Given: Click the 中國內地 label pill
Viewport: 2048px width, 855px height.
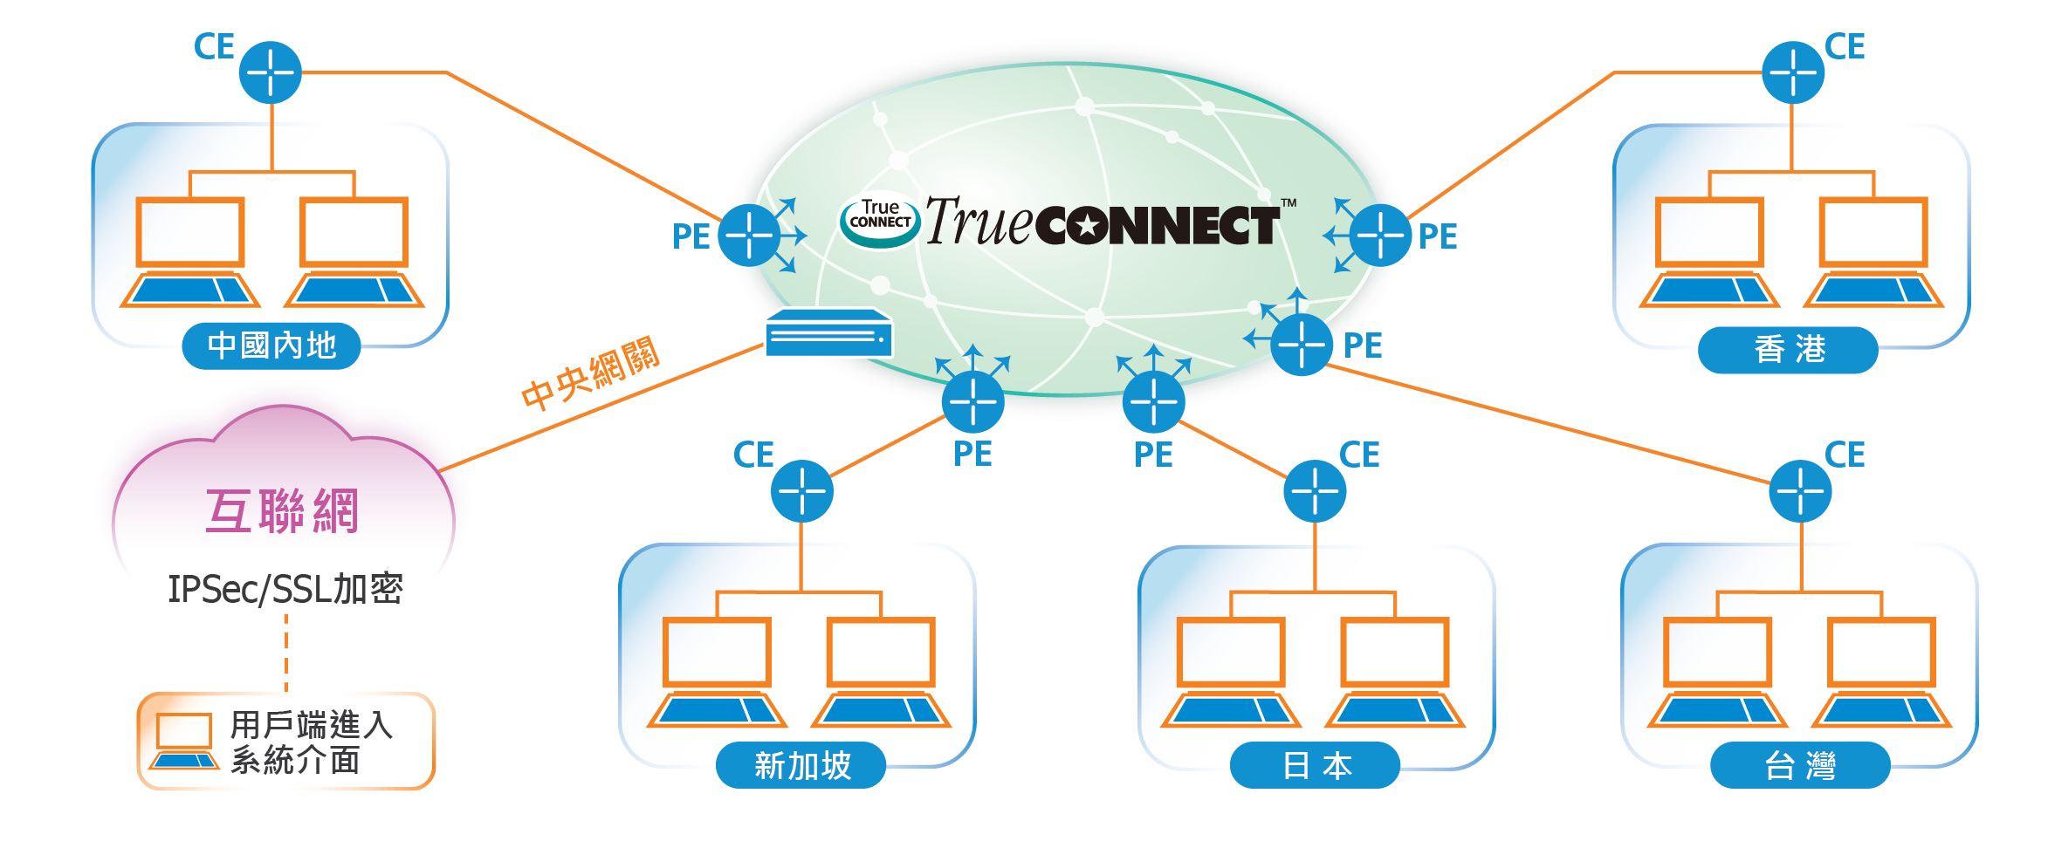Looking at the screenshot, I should pyautogui.click(x=271, y=345).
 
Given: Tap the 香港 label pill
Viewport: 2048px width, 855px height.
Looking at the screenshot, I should pyautogui.click(x=1788, y=350).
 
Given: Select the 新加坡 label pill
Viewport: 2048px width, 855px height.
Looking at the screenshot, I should pyautogui.click(x=801, y=765).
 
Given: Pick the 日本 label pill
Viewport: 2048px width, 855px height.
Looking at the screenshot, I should pyautogui.click(x=1315, y=765).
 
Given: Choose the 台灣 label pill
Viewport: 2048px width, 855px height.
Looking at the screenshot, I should pyautogui.click(x=1800, y=765).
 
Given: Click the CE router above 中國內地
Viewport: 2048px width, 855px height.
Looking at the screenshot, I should pyautogui.click(x=271, y=72).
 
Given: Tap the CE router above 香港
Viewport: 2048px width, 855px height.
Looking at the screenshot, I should pyautogui.click(x=1793, y=72).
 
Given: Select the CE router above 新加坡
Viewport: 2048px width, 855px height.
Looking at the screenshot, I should pyautogui.click(x=802, y=491).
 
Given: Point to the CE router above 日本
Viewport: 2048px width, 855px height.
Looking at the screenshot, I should pyautogui.click(x=1315, y=491).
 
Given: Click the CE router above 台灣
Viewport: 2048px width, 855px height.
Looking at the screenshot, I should pyautogui.click(x=1800, y=491).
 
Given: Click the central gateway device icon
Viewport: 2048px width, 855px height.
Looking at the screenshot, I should pyautogui.click(x=828, y=333).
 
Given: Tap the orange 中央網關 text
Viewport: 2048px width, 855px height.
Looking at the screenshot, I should pyautogui.click(x=590, y=373).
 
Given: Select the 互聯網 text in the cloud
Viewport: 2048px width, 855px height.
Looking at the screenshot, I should pyautogui.click(x=282, y=510).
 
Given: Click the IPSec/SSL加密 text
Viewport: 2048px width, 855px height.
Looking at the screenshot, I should pyautogui.click(x=285, y=589).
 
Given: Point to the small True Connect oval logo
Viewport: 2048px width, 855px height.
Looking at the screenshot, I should pyautogui.click(x=880, y=218).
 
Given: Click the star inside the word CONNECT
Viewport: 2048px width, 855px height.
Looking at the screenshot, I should pyautogui.click(x=1087, y=227).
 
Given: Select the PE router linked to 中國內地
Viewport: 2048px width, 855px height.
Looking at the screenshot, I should pyautogui.click(x=749, y=235).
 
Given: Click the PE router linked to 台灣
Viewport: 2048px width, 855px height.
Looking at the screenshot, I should pyautogui.click(x=1302, y=344).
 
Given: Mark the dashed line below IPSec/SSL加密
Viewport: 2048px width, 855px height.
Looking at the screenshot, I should pyautogui.click(x=285, y=652).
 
